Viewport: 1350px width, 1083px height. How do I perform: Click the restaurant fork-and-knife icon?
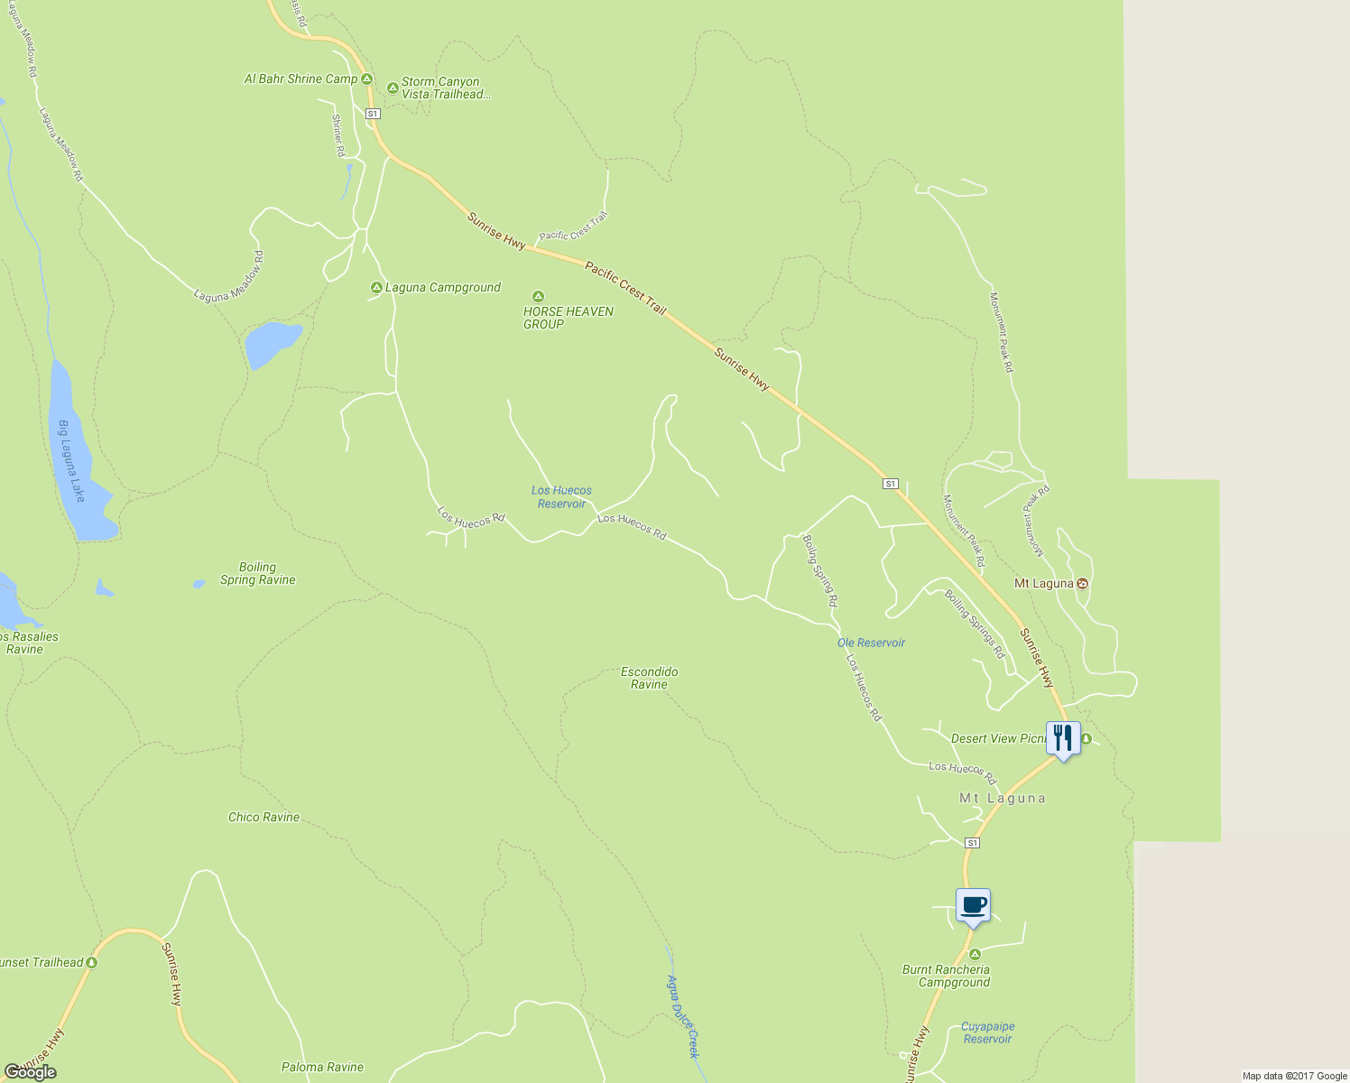(x=1063, y=738)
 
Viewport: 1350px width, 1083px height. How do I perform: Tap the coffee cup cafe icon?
(x=973, y=905)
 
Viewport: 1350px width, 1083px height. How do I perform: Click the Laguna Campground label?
(x=442, y=288)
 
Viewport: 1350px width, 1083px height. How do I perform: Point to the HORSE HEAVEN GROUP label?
(x=568, y=318)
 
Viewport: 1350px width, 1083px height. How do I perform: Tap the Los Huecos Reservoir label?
(x=561, y=497)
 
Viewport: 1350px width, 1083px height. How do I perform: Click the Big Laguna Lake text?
(x=71, y=461)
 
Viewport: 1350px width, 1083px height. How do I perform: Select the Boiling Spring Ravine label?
(x=258, y=574)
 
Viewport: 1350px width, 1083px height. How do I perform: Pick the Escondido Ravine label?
(x=649, y=678)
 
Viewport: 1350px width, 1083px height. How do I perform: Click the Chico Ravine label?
(x=264, y=818)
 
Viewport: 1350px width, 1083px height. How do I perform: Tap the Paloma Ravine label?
(x=322, y=1068)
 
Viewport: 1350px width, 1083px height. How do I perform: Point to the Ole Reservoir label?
(x=871, y=643)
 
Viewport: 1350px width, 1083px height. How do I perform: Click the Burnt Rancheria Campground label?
(x=946, y=977)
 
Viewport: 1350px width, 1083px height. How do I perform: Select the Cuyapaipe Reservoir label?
(x=987, y=1033)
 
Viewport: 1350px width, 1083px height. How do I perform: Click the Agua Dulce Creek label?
(x=683, y=1016)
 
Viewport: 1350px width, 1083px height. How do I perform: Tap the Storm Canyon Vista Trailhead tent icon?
(x=393, y=88)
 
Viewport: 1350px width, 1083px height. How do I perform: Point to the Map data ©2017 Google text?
(x=1294, y=1076)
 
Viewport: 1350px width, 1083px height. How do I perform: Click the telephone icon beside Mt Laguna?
(x=1083, y=584)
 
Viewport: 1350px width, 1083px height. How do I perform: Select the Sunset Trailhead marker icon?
(x=91, y=963)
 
